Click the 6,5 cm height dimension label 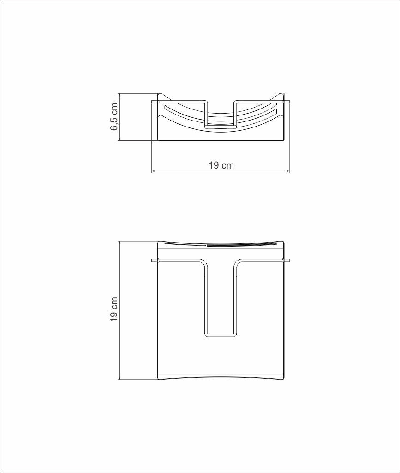[x=114, y=117]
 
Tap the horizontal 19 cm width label [x=221, y=165]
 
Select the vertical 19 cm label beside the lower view [x=114, y=309]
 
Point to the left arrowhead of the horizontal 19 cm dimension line [x=153, y=171]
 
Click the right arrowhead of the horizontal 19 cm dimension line [x=287, y=171]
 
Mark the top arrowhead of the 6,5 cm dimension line [x=120, y=95]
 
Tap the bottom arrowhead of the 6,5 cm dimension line [x=120, y=139]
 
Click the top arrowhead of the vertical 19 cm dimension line [x=120, y=243]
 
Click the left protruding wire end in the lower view [x=155, y=261]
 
